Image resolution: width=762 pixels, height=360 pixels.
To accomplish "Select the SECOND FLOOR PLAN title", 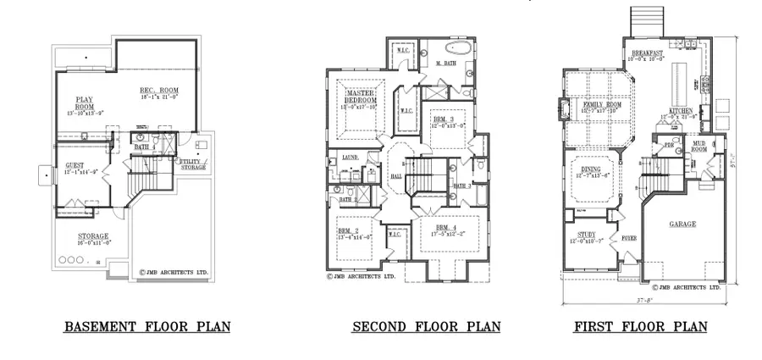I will (426, 326).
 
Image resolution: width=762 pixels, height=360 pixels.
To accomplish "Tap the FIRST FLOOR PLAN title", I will (641, 326).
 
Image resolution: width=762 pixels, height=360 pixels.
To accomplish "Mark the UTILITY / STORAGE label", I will (194, 163).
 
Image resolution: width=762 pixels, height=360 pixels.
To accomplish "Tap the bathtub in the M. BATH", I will (456, 48).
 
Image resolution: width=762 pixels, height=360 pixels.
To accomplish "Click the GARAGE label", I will (682, 224).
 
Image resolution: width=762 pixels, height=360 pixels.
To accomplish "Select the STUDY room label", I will (587, 235).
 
